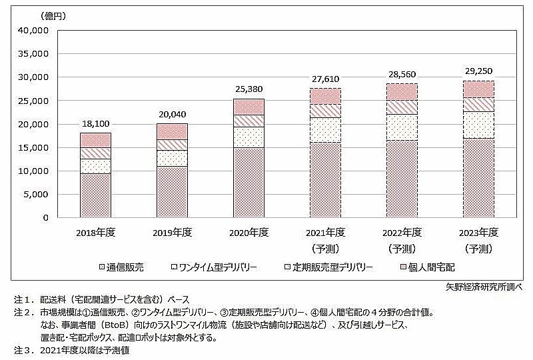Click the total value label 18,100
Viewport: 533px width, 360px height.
tap(96, 124)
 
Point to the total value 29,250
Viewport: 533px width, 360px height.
tap(478, 71)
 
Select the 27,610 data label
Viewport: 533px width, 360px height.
tap(326, 79)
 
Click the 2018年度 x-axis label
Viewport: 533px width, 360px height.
tap(96, 233)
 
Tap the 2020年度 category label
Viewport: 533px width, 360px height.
tap(249, 233)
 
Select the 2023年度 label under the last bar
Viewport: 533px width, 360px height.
tap(478, 233)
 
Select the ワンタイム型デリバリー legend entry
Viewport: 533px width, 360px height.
tap(214, 267)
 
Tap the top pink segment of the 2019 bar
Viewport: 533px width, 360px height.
tap(173, 131)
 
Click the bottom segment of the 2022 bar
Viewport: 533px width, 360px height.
tap(402, 179)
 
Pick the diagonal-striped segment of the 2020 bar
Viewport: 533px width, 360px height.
tap(249, 120)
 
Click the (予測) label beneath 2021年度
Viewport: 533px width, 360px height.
tap(326, 248)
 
